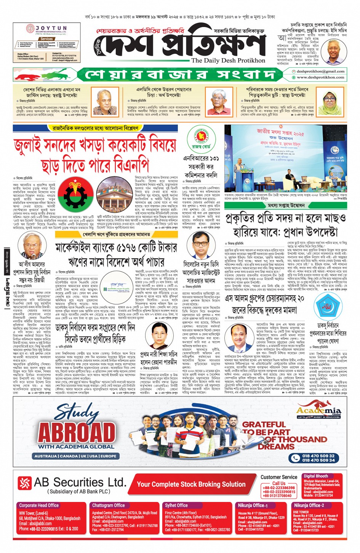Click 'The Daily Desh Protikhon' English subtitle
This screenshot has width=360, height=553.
pos(228,61)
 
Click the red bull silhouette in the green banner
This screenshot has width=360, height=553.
pos(30,75)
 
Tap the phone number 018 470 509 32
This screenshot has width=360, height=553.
pos(318,456)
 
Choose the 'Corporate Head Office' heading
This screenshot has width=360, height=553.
pos(39,505)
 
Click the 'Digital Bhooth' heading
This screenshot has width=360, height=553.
pos(316,476)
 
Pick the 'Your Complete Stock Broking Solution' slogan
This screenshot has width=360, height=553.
pos(191,484)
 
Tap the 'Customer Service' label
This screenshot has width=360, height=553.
pos(279,477)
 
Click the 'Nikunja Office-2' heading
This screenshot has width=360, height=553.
pos(309,505)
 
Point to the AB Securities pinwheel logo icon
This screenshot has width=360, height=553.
pos(25,483)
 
